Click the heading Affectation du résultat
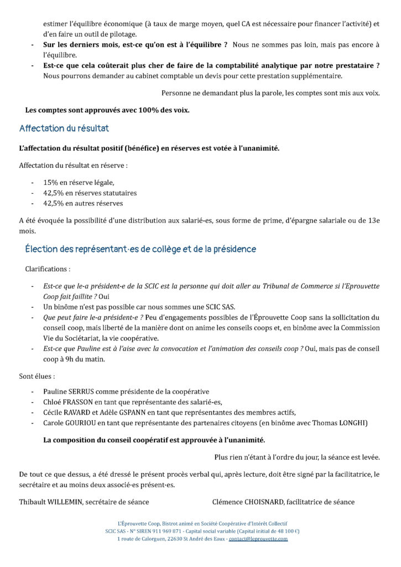tap(64, 128)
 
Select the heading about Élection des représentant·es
tap(140, 249)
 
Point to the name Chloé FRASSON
tap(67, 402)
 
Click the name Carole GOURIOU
tap(69, 423)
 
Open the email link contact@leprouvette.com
tap(258, 539)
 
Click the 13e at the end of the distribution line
tap(374, 220)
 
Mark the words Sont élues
tap(37, 377)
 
